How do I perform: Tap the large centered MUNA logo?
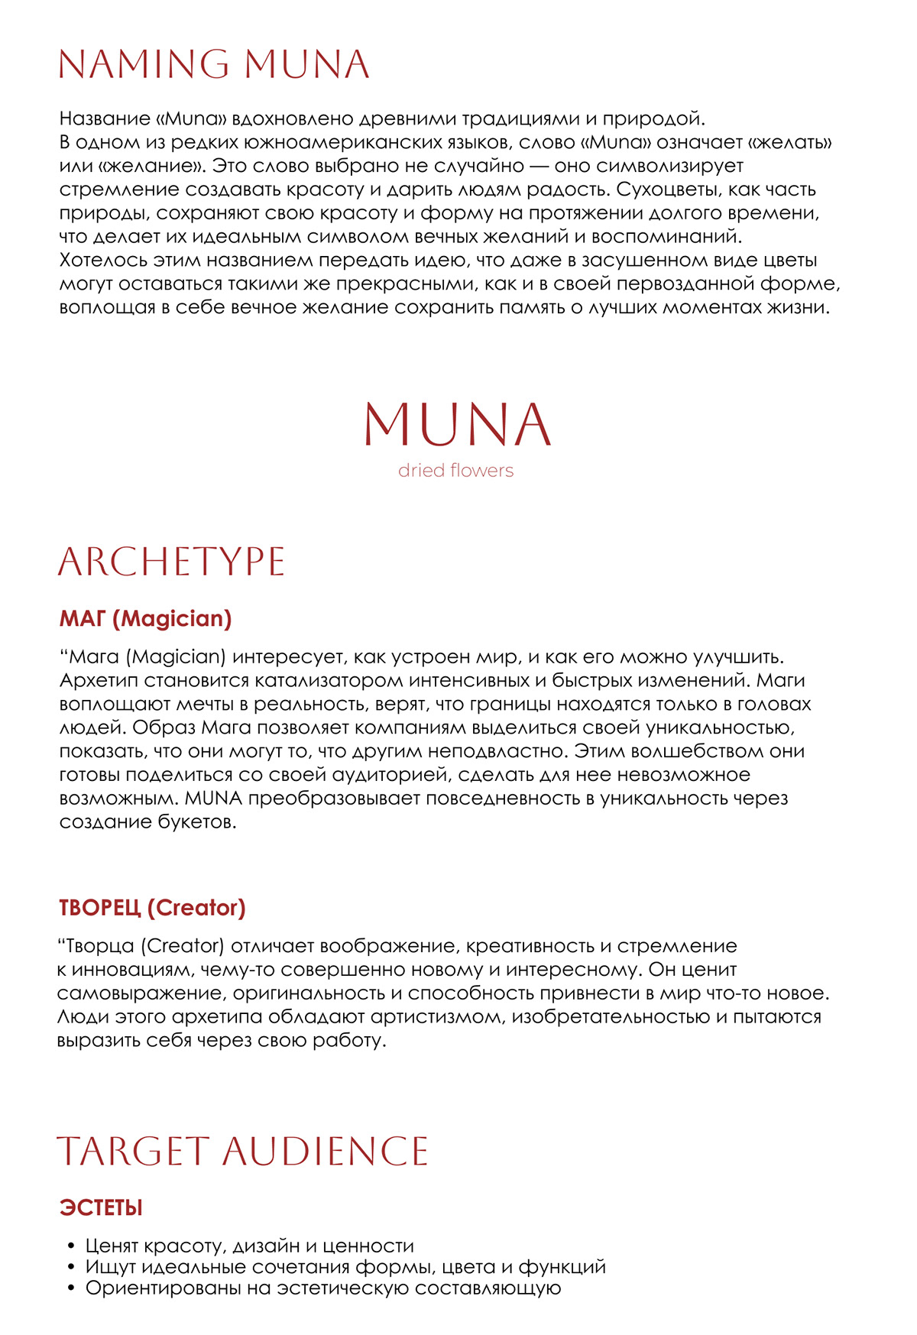[x=457, y=424]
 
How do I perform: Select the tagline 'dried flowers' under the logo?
[x=455, y=471]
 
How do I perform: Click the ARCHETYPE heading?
[x=171, y=562]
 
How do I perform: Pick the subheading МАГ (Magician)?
[x=145, y=618]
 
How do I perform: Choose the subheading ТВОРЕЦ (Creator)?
[x=152, y=908]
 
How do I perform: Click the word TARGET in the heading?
[x=133, y=1152]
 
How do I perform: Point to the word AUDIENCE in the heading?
[x=326, y=1152]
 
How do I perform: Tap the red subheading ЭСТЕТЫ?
[x=101, y=1208]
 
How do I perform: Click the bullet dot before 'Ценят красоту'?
[x=72, y=1246]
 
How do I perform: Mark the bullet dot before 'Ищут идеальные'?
[x=72, y=1267]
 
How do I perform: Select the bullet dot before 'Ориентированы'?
[x=72, y=1288]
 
